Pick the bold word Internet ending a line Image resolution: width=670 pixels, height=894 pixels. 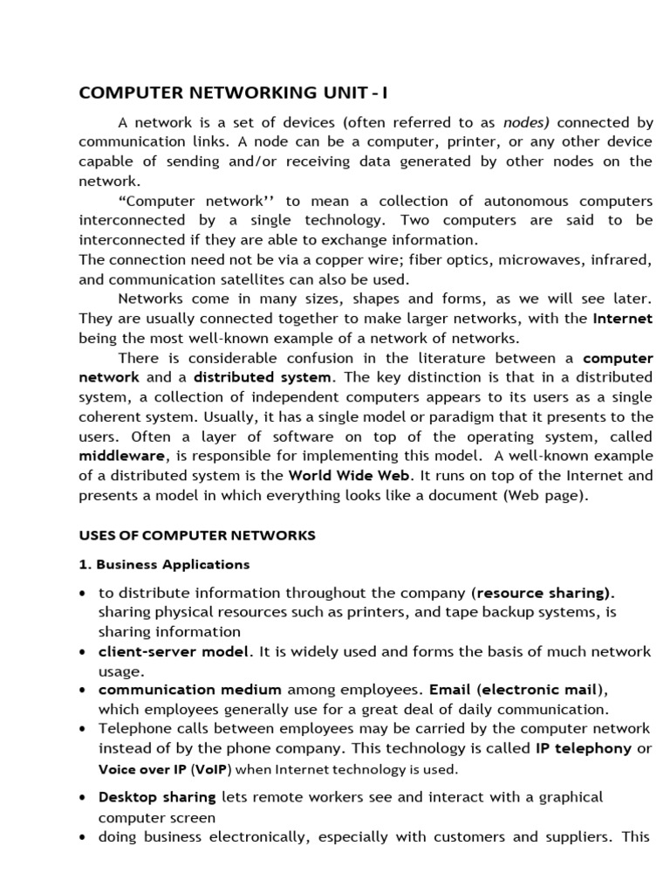pos(622,319)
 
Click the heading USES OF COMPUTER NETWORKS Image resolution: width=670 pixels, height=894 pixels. pos(197,535)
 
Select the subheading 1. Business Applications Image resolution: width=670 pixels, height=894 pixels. pos(164,564)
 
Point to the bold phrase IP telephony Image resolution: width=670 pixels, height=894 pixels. pos(583,748)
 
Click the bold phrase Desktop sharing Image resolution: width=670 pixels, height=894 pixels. pos(157,797)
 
